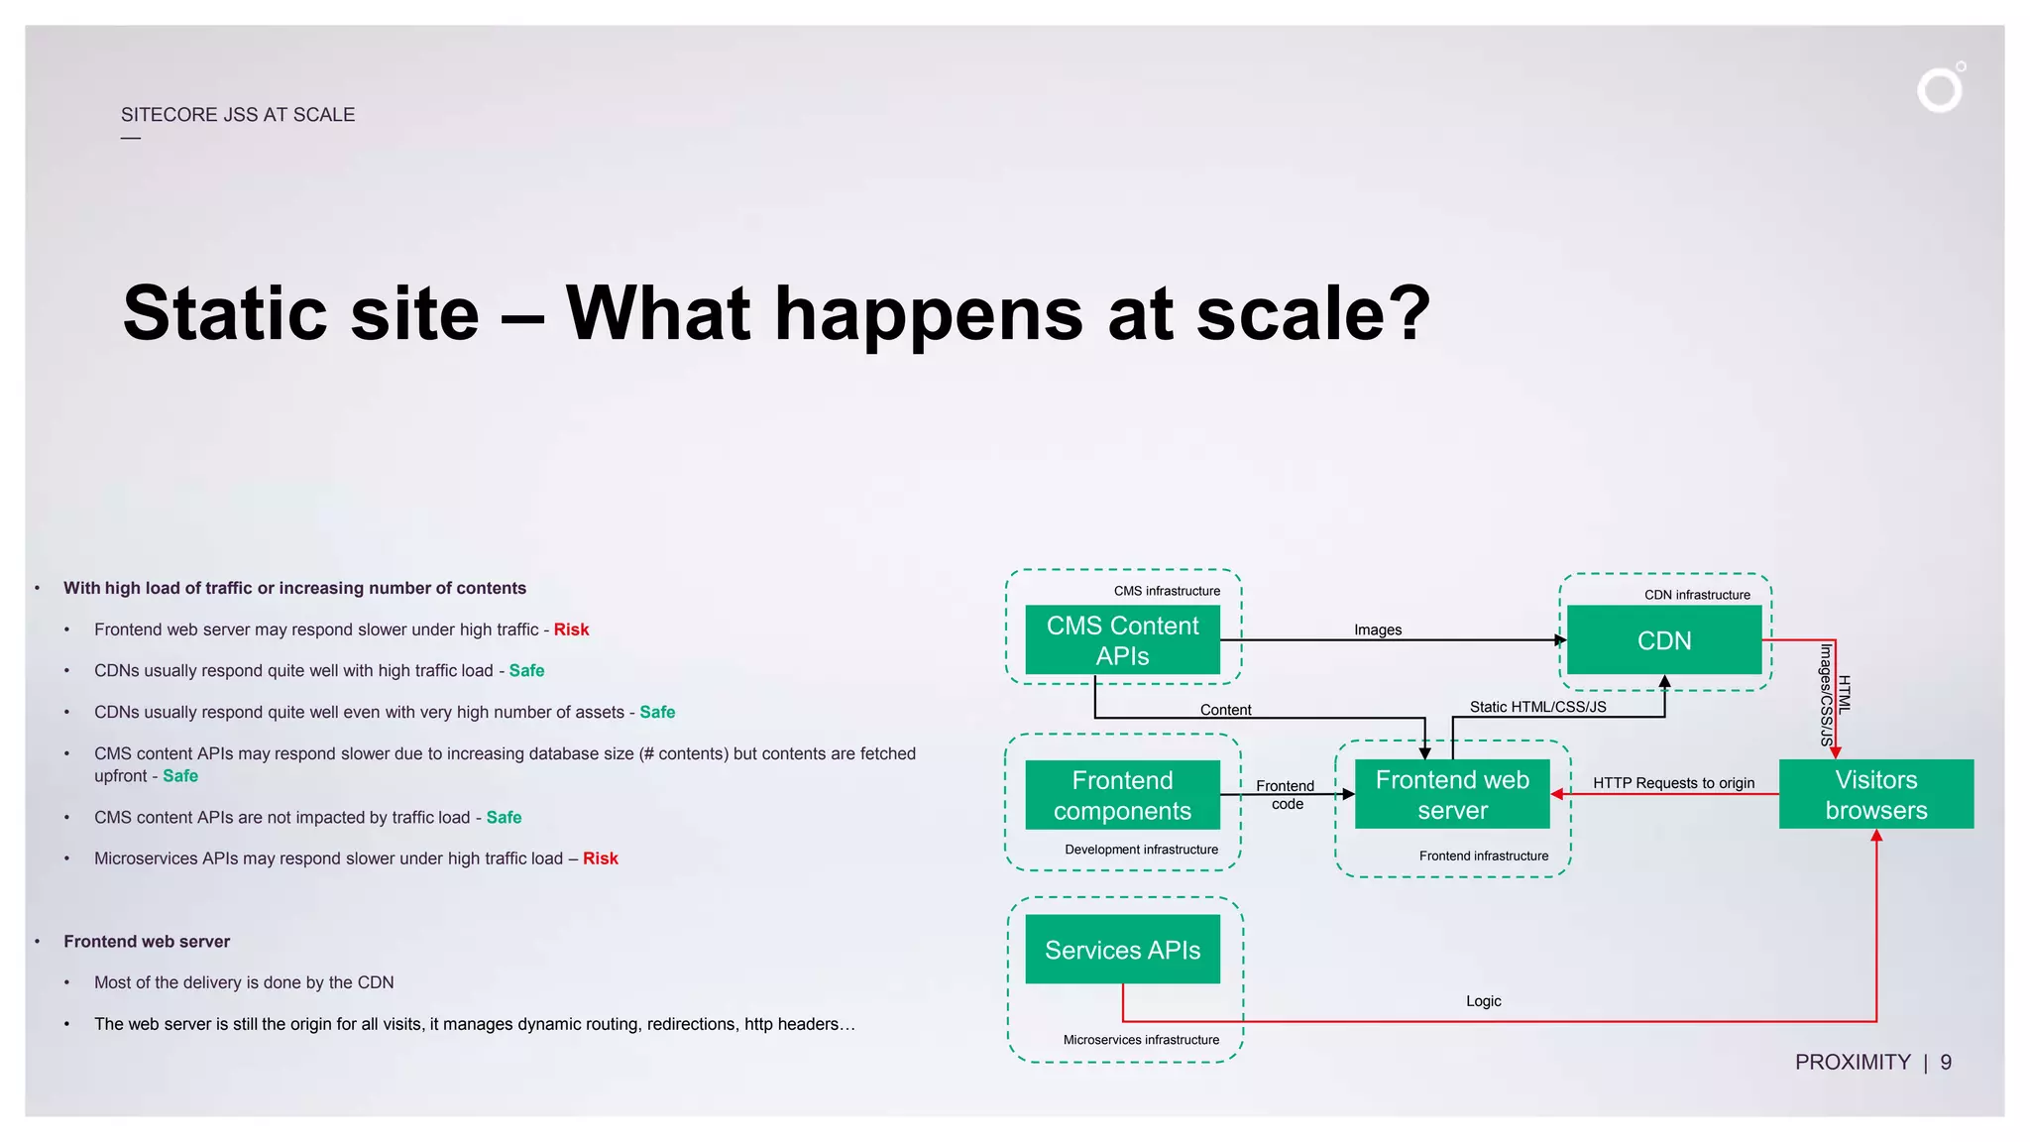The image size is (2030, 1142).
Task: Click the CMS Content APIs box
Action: click(1122, 640)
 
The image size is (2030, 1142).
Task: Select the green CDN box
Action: click(1663, 640)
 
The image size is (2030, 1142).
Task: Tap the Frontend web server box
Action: click(1451, 794)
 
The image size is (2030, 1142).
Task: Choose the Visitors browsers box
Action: click(1875, 794)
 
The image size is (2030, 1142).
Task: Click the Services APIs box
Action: click(1122, 950)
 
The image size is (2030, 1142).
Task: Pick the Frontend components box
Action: click(1122, 795)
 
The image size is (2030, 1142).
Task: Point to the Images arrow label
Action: click(1377, 629)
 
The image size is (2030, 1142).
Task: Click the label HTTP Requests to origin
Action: click(1673, 783)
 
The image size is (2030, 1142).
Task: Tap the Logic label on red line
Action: click(1483, 1001)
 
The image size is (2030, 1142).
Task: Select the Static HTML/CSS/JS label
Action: click(1537, 707)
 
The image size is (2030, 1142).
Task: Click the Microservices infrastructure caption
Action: click(1141, 1040)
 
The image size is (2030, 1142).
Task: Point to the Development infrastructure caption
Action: click(1141, 850)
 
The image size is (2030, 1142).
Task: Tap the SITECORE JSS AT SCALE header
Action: click(238, 115)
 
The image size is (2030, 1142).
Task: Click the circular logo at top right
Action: click(1940, 89)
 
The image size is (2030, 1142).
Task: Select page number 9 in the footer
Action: click(1946, 1063)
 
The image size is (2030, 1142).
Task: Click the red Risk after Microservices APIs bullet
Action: click(600, 858)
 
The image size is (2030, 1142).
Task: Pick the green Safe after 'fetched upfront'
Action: click(180, 776)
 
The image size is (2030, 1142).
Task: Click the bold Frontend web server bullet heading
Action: click(147, 942)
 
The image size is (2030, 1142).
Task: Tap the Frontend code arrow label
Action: click(1286, 794)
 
